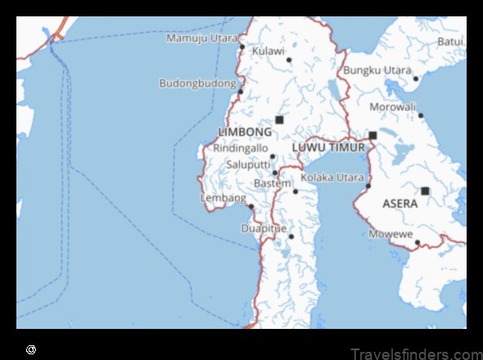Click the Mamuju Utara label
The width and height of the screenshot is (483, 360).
coord(201,38)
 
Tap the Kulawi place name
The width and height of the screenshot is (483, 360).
coord(268,51)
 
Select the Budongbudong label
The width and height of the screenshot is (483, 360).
coord(197,83)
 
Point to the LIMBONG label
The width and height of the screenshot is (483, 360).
coord(245,132)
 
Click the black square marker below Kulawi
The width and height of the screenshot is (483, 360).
coord(279,119)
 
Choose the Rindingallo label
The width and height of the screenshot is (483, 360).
coord(240,148)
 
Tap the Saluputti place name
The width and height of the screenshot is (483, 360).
coord(241,164)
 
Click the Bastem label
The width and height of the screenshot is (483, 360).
coord(272,183)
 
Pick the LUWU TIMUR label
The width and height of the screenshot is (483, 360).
coord(328,147)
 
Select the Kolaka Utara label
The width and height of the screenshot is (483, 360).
coord(332,177)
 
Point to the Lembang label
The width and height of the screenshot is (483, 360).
coord(223,198)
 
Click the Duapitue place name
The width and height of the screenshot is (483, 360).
coord(264,228)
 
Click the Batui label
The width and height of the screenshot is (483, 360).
coord(450,40)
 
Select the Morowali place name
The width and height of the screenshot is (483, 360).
coord(391,106)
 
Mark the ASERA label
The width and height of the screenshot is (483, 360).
coord(400,204)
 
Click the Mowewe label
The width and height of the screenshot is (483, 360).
coord(390,234)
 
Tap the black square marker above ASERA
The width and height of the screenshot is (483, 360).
coord(425,191)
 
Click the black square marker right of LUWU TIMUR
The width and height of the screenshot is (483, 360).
coord(372,136)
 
